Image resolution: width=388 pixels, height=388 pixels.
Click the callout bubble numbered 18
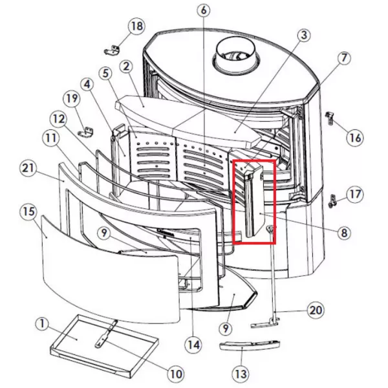(x=136, y=26)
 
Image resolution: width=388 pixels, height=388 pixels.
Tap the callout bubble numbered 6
(x=204, y=10)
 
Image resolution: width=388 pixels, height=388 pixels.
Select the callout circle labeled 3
(x=304, y=35)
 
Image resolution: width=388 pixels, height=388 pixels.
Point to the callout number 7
(x=344, y=58)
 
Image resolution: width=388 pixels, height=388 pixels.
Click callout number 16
(x=355, y=138)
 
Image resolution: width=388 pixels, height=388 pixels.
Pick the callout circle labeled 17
(x=355, y=194)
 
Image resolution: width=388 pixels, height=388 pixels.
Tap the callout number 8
(x=344, y=233)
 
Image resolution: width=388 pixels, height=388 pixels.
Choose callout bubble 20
(x=316, y=310)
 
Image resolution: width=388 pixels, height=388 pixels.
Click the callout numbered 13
(x=241, y=374)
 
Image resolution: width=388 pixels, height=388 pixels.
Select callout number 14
(x=194, y=345)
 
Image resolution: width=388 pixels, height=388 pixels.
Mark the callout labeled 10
(x=176, y=374)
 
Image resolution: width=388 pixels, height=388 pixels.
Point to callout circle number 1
(x=43, y=324)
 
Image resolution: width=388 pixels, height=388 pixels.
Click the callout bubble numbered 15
(x=28, y=211)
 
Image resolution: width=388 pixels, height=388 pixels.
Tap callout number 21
(x=28, y=168)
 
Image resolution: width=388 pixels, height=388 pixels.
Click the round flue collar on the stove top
(x=236, y=56)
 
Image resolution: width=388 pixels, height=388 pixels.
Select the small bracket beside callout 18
(x=112, y=50)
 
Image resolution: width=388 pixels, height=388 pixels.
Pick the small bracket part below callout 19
(x=86, y=132)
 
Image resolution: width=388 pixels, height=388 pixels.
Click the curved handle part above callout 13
(x=250, y=345)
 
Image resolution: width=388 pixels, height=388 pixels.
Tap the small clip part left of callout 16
(x=329, y=118)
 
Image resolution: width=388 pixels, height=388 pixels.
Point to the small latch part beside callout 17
(x=332, y=200)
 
